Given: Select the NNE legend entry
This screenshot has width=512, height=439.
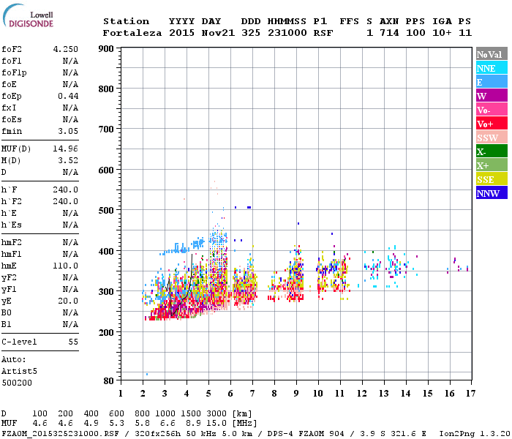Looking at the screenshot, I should click(x=492, y=68).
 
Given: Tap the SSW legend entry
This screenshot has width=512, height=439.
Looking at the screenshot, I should click(x=492, y=138).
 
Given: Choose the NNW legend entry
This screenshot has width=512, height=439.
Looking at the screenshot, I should click(x=492, y=193).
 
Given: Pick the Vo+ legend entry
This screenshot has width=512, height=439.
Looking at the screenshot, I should click(x=492, y=124).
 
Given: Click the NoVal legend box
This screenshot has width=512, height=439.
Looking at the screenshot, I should click(x=492, y=54).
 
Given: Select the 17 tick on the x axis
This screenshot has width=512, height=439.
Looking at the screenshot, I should click(x=468, y=394).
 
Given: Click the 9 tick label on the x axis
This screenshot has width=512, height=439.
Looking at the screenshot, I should click(x=296, y=394).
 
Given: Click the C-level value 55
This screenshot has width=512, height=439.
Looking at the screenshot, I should click(x=73, y=342).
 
